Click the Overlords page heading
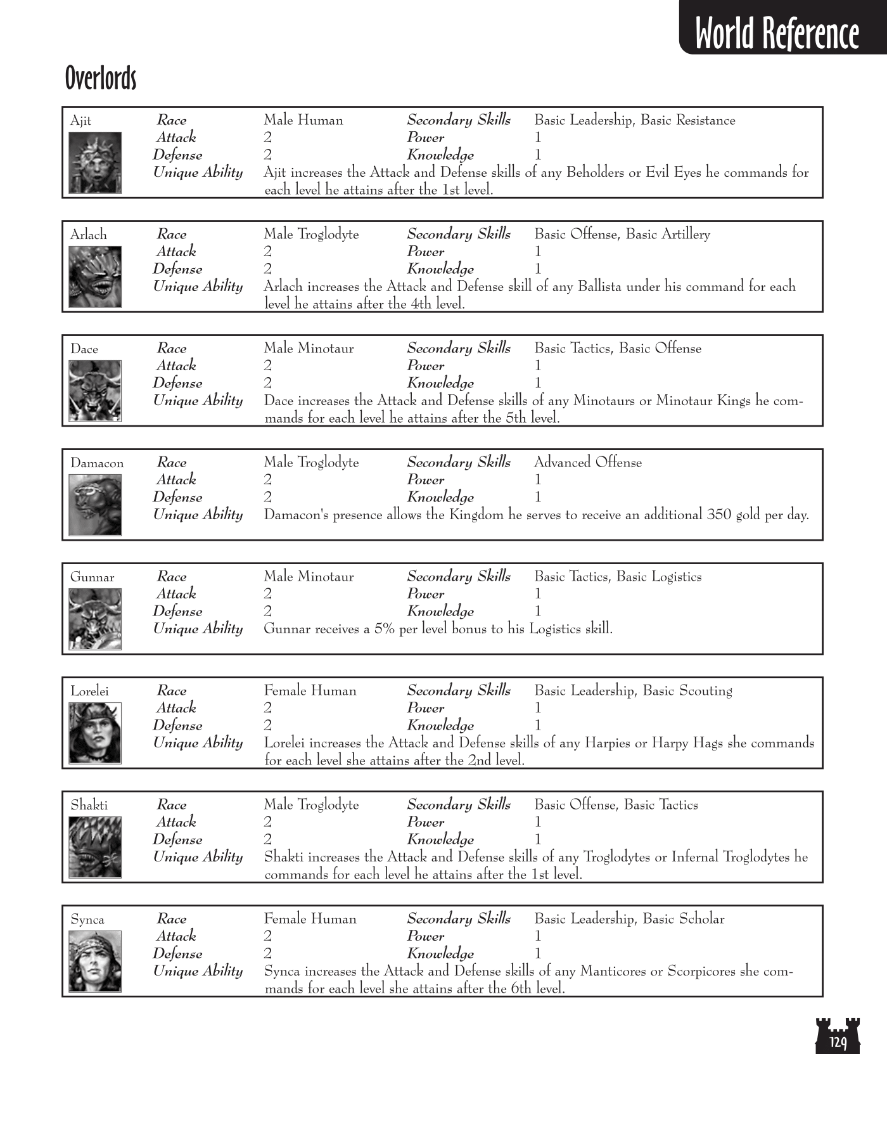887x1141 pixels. [x=101, y=79]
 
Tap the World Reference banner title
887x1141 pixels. [x=777, y=34]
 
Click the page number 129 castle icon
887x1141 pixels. [x=838, y=1036]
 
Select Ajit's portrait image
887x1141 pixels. [x=95, y=163]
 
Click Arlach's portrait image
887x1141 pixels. [x=95, y=277]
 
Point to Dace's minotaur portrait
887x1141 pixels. [x=95, y=391]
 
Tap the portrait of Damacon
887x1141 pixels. [x=95, y=505]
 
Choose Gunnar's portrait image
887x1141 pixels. [x=95, y=619]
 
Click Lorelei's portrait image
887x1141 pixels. [x=95, y=733]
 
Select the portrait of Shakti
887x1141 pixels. [x=95, y=848]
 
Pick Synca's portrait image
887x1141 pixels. [x=95, y=962]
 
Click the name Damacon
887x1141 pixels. [x=97, y=463]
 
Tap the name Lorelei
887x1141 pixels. [x=89, y=692]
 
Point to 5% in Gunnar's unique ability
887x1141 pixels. [x=385, y=629]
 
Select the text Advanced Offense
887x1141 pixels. [x=588, y=463]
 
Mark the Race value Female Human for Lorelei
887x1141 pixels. [x=310, y=691]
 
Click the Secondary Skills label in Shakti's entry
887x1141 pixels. [x=459, y=805]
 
